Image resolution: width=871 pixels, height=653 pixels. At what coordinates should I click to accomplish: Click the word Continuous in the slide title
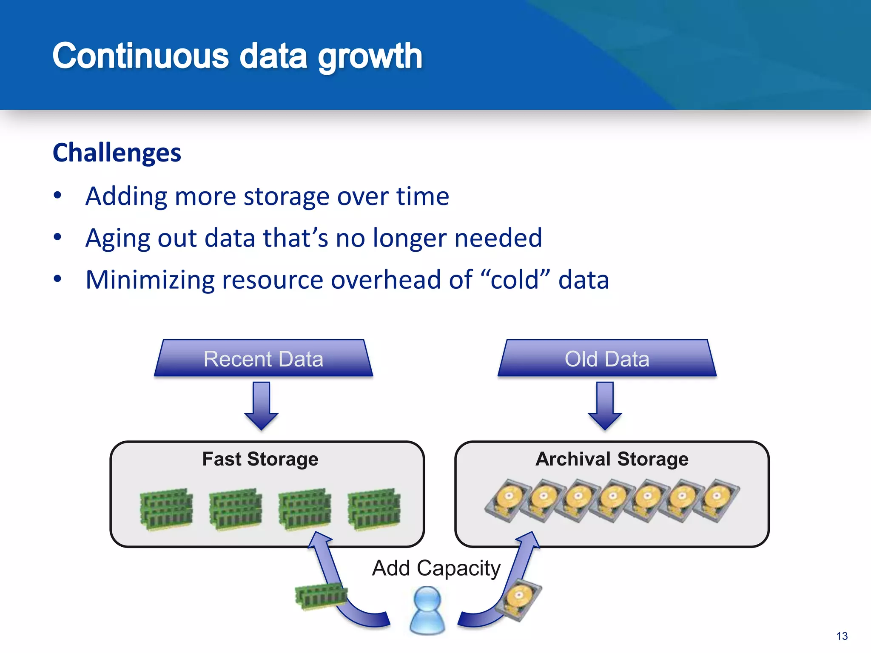[x=140, y=56]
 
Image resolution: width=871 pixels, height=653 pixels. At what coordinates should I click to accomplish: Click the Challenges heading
[x=117, y=153]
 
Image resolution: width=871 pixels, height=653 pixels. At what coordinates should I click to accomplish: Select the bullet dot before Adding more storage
[x=58, y=196]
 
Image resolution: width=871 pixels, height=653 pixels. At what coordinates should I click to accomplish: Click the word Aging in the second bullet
[x=117, y=238]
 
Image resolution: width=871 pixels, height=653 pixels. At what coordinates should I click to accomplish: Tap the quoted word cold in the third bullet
[x=515, y=280]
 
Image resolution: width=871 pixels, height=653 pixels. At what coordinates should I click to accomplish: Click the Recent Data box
[x=263, y=359]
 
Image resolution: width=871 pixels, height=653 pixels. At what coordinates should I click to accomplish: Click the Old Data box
[x=607, y=359]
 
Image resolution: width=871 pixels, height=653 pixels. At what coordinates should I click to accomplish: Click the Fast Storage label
[x=260, y=459]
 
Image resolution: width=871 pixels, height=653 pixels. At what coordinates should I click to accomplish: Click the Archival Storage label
[x=612, y=459]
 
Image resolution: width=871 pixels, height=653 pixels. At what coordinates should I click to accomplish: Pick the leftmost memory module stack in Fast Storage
[x=166, y=509]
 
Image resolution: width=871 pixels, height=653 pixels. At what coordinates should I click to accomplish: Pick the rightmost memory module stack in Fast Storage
[x=374, y=509]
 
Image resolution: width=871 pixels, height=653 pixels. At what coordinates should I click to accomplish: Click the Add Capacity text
[x=436, y=568]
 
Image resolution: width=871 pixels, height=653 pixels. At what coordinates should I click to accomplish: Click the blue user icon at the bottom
[x=427, y=610]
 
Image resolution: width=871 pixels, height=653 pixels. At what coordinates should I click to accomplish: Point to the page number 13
[x=842, y=636]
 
